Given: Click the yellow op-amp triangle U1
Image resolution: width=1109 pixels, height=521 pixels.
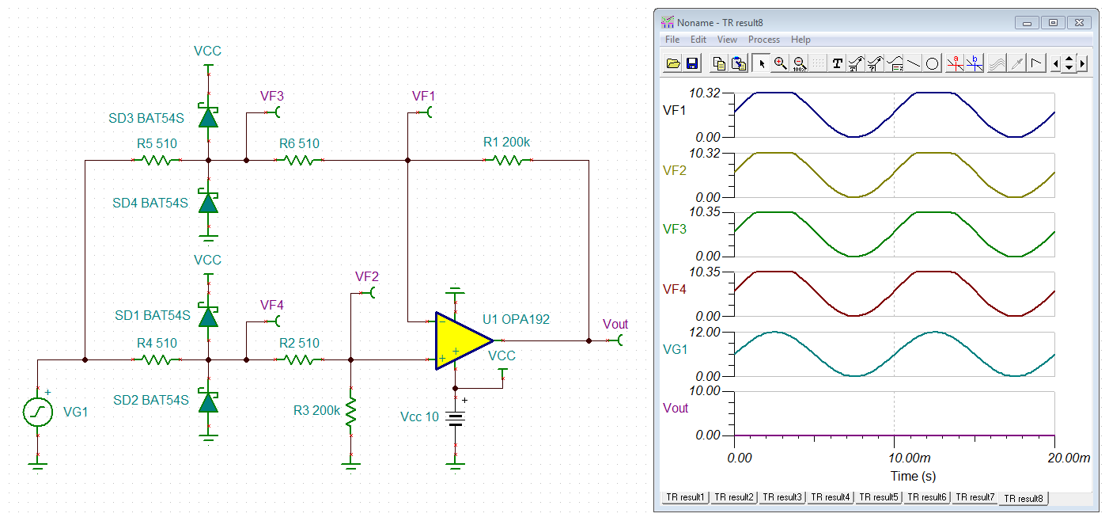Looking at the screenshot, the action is point(460,341).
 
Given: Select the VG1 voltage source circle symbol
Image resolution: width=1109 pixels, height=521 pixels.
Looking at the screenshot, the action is point(38,412).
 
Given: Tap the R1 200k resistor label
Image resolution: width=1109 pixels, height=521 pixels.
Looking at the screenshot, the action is point(506,143).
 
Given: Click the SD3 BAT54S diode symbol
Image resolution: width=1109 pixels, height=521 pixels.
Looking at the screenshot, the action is point(209,117).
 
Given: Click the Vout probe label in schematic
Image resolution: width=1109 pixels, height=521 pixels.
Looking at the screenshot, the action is point(615,324).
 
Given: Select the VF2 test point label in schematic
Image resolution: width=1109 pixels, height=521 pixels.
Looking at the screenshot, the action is point(367,276).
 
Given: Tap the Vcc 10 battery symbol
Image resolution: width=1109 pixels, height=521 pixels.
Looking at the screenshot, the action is point(456,418).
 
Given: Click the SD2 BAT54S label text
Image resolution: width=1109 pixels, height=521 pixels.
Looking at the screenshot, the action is point(151,400).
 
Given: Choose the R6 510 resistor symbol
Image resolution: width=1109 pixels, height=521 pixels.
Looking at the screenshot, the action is point(299,160).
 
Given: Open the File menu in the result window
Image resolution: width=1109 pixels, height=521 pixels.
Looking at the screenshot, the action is point(672,40).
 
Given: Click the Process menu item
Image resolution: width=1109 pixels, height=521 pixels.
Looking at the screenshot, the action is point(764,40).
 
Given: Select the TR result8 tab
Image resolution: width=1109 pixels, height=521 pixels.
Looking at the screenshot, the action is point(1024,498).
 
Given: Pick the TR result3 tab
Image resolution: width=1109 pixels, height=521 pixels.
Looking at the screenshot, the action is point(782,497).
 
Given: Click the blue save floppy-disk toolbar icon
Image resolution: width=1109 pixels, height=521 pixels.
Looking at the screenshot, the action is point(692,63).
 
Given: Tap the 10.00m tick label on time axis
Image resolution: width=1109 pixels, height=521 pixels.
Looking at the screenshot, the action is point(910,458).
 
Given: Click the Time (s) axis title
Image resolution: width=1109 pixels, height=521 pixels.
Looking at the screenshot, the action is point(914,477).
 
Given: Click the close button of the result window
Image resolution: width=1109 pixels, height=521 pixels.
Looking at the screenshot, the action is point(1079,23).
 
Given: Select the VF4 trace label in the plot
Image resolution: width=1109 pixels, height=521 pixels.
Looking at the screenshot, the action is point(674,289).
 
